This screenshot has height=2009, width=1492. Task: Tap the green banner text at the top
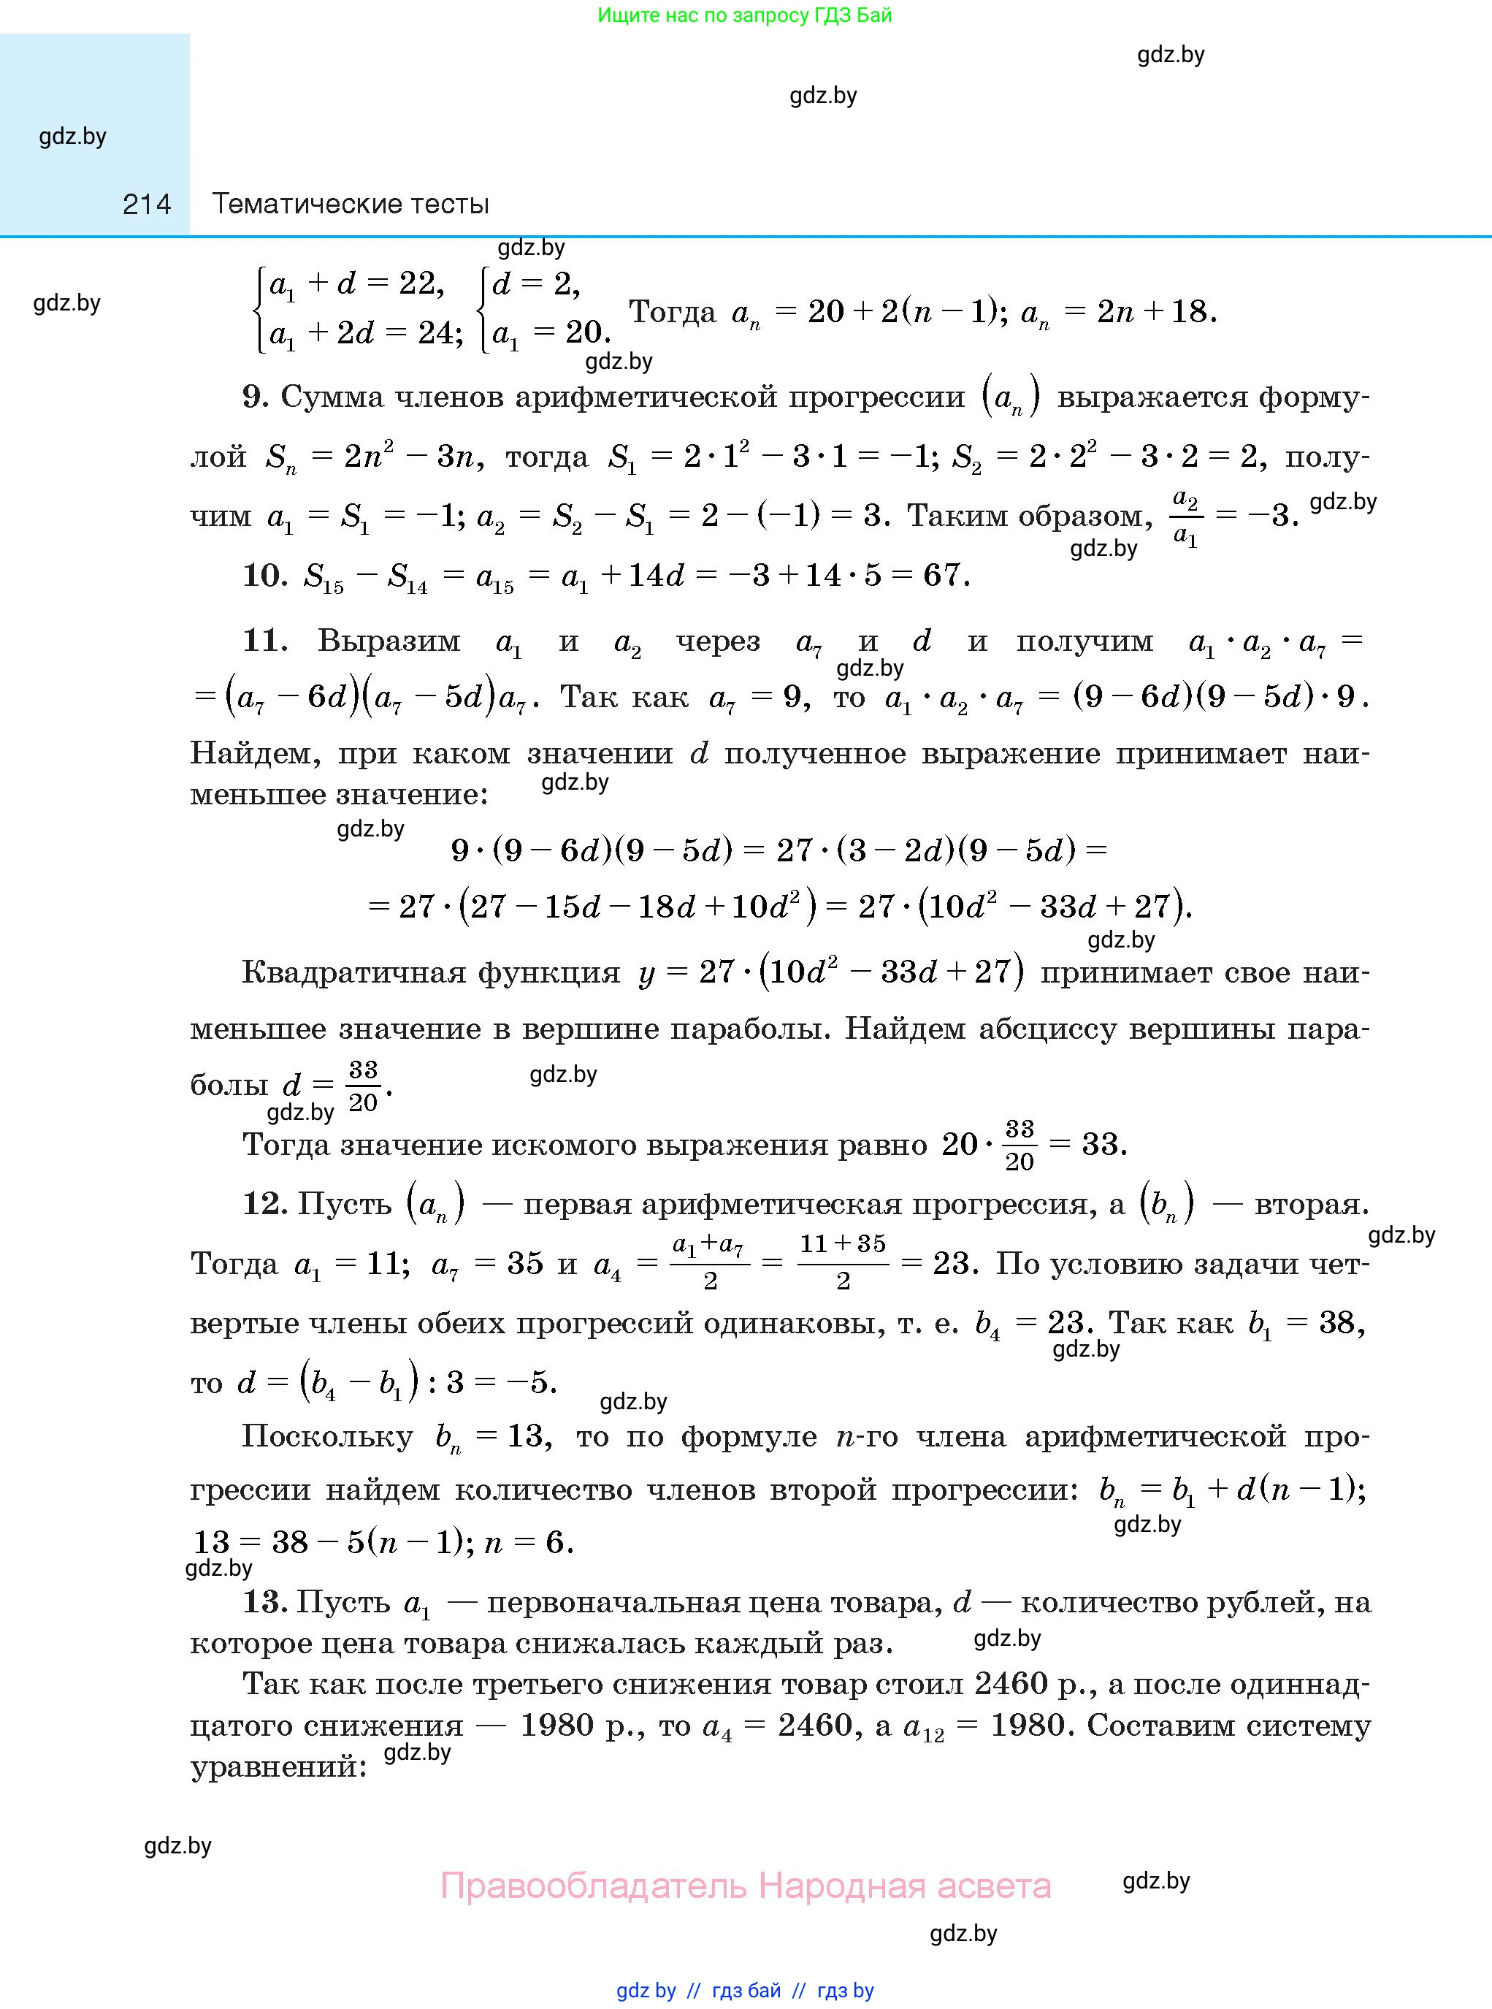tap(744, 15)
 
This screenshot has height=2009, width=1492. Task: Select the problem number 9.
tap(254, 397)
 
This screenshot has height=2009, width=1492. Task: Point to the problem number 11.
tap(264, 641)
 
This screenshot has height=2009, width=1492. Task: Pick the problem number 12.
tap(264, 1203)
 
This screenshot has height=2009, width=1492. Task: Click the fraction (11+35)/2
tap(843, 1261)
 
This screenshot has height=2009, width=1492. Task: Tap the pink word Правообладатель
tap(594, 1886)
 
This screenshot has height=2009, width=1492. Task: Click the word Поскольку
tap(327, 1436)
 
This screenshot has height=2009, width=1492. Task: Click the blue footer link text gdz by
tap(646, 1990)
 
